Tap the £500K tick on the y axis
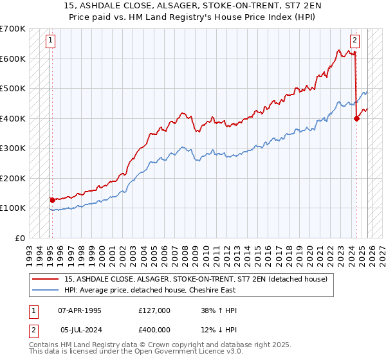point(14,89)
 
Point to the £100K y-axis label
point(14,208)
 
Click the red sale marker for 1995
point(52,200)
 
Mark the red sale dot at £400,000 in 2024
point(356,118)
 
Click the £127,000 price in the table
point(154,310)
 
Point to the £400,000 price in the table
point(154,331)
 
